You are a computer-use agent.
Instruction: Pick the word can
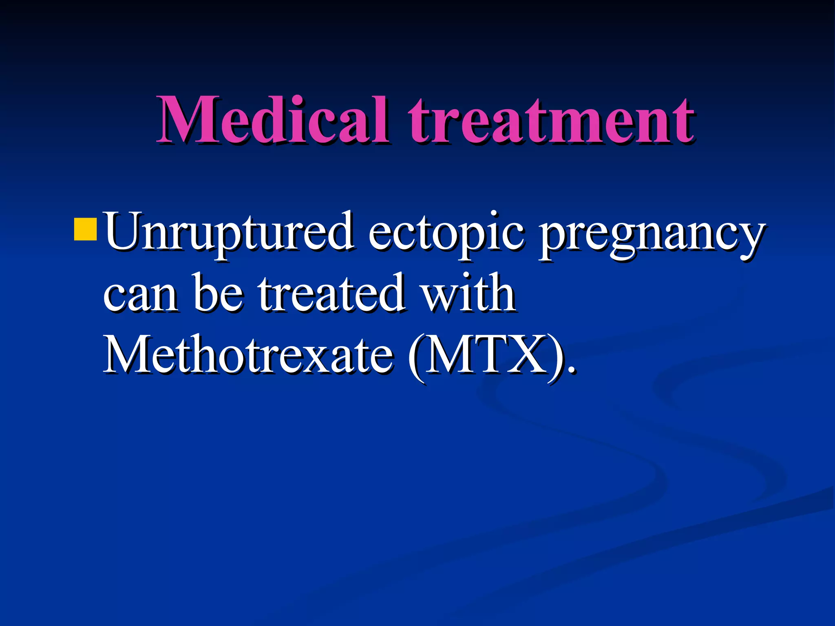[x=140, y=293]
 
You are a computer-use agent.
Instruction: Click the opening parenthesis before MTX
[x=416, y=356]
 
